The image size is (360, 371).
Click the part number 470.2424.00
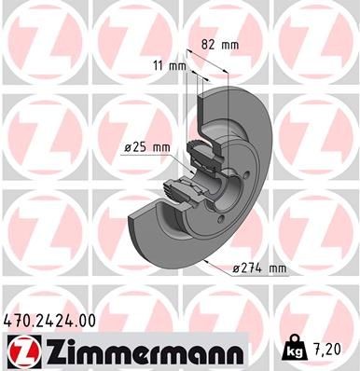pos(50,321)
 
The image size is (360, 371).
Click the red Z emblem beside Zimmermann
pos(20,351)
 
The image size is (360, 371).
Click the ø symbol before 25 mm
pos(127,146)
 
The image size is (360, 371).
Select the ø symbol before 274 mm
pos(235,268)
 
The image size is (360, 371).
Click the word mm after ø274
pos(276,268)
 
